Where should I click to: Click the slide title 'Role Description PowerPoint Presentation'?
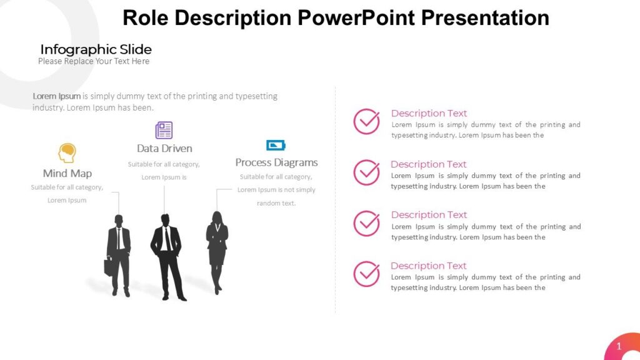336,17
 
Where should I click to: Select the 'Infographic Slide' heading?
96,49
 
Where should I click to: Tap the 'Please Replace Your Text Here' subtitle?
94,61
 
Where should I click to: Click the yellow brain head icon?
67,152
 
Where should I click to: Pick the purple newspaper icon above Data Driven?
164,130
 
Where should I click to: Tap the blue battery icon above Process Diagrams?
276,145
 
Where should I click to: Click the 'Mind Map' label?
67,173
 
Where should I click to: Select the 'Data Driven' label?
164,148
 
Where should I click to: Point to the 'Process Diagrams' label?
276,162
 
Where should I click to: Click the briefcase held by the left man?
109,266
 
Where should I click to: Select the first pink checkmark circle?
366,121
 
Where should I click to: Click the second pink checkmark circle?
366,172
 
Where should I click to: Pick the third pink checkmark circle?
366,223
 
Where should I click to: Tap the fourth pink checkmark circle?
366,274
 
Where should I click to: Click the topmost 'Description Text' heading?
429,113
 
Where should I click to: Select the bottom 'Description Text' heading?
429,266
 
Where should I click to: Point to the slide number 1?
619,346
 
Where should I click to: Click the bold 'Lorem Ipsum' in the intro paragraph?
57,96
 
